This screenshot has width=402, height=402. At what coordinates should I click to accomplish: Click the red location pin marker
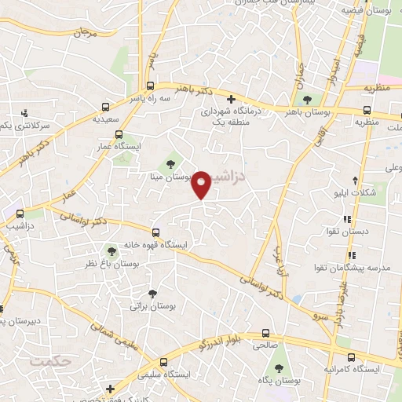click(202, 183)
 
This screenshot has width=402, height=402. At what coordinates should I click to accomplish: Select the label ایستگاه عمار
click(118, 147)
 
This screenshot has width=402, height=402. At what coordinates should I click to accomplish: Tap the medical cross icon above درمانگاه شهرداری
click(230, 99)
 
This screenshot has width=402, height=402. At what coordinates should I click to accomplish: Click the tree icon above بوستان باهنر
click(305, 100)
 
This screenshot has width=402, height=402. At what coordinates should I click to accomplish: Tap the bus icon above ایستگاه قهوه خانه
click(156, 232)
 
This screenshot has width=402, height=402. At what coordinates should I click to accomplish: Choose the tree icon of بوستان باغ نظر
click(111, 251)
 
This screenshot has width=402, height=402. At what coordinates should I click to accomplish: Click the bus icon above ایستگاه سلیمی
click(164, 362)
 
